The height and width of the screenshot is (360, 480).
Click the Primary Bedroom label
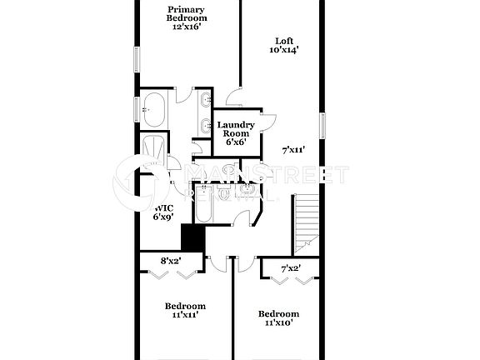pyautogui.click(x=187, y=18)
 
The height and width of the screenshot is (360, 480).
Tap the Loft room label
pyautogui.click(x=284, y=45)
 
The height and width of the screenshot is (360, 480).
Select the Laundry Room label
pyautogui.click(x=236, y=133)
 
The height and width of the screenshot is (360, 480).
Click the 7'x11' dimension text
pyautogui.click(x=293, y=151)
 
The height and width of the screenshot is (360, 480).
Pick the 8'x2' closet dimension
pyautogui.click(x=170, y=261)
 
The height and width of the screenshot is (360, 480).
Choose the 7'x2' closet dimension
pyautogui.click(x=290, y=268)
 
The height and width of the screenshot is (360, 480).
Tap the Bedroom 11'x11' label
pyautogui.click(x=185, y=311)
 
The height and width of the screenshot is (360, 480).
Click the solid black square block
pyautogui.click(x=192, y=238)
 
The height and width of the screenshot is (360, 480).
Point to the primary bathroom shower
pyautogui.click(x=154, y=150)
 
